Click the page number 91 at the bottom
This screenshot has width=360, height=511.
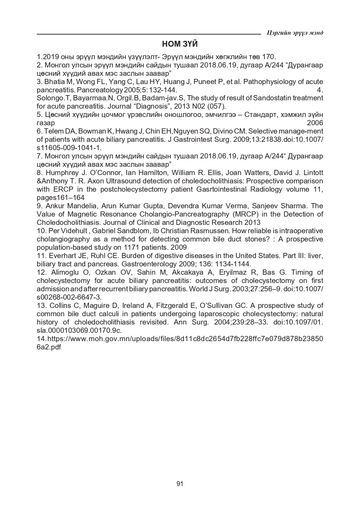[180, 484]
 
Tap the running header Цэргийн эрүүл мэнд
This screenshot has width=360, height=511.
[295, 33]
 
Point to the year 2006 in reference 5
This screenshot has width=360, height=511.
[315, 123]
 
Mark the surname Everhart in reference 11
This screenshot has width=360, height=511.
[60, 256]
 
